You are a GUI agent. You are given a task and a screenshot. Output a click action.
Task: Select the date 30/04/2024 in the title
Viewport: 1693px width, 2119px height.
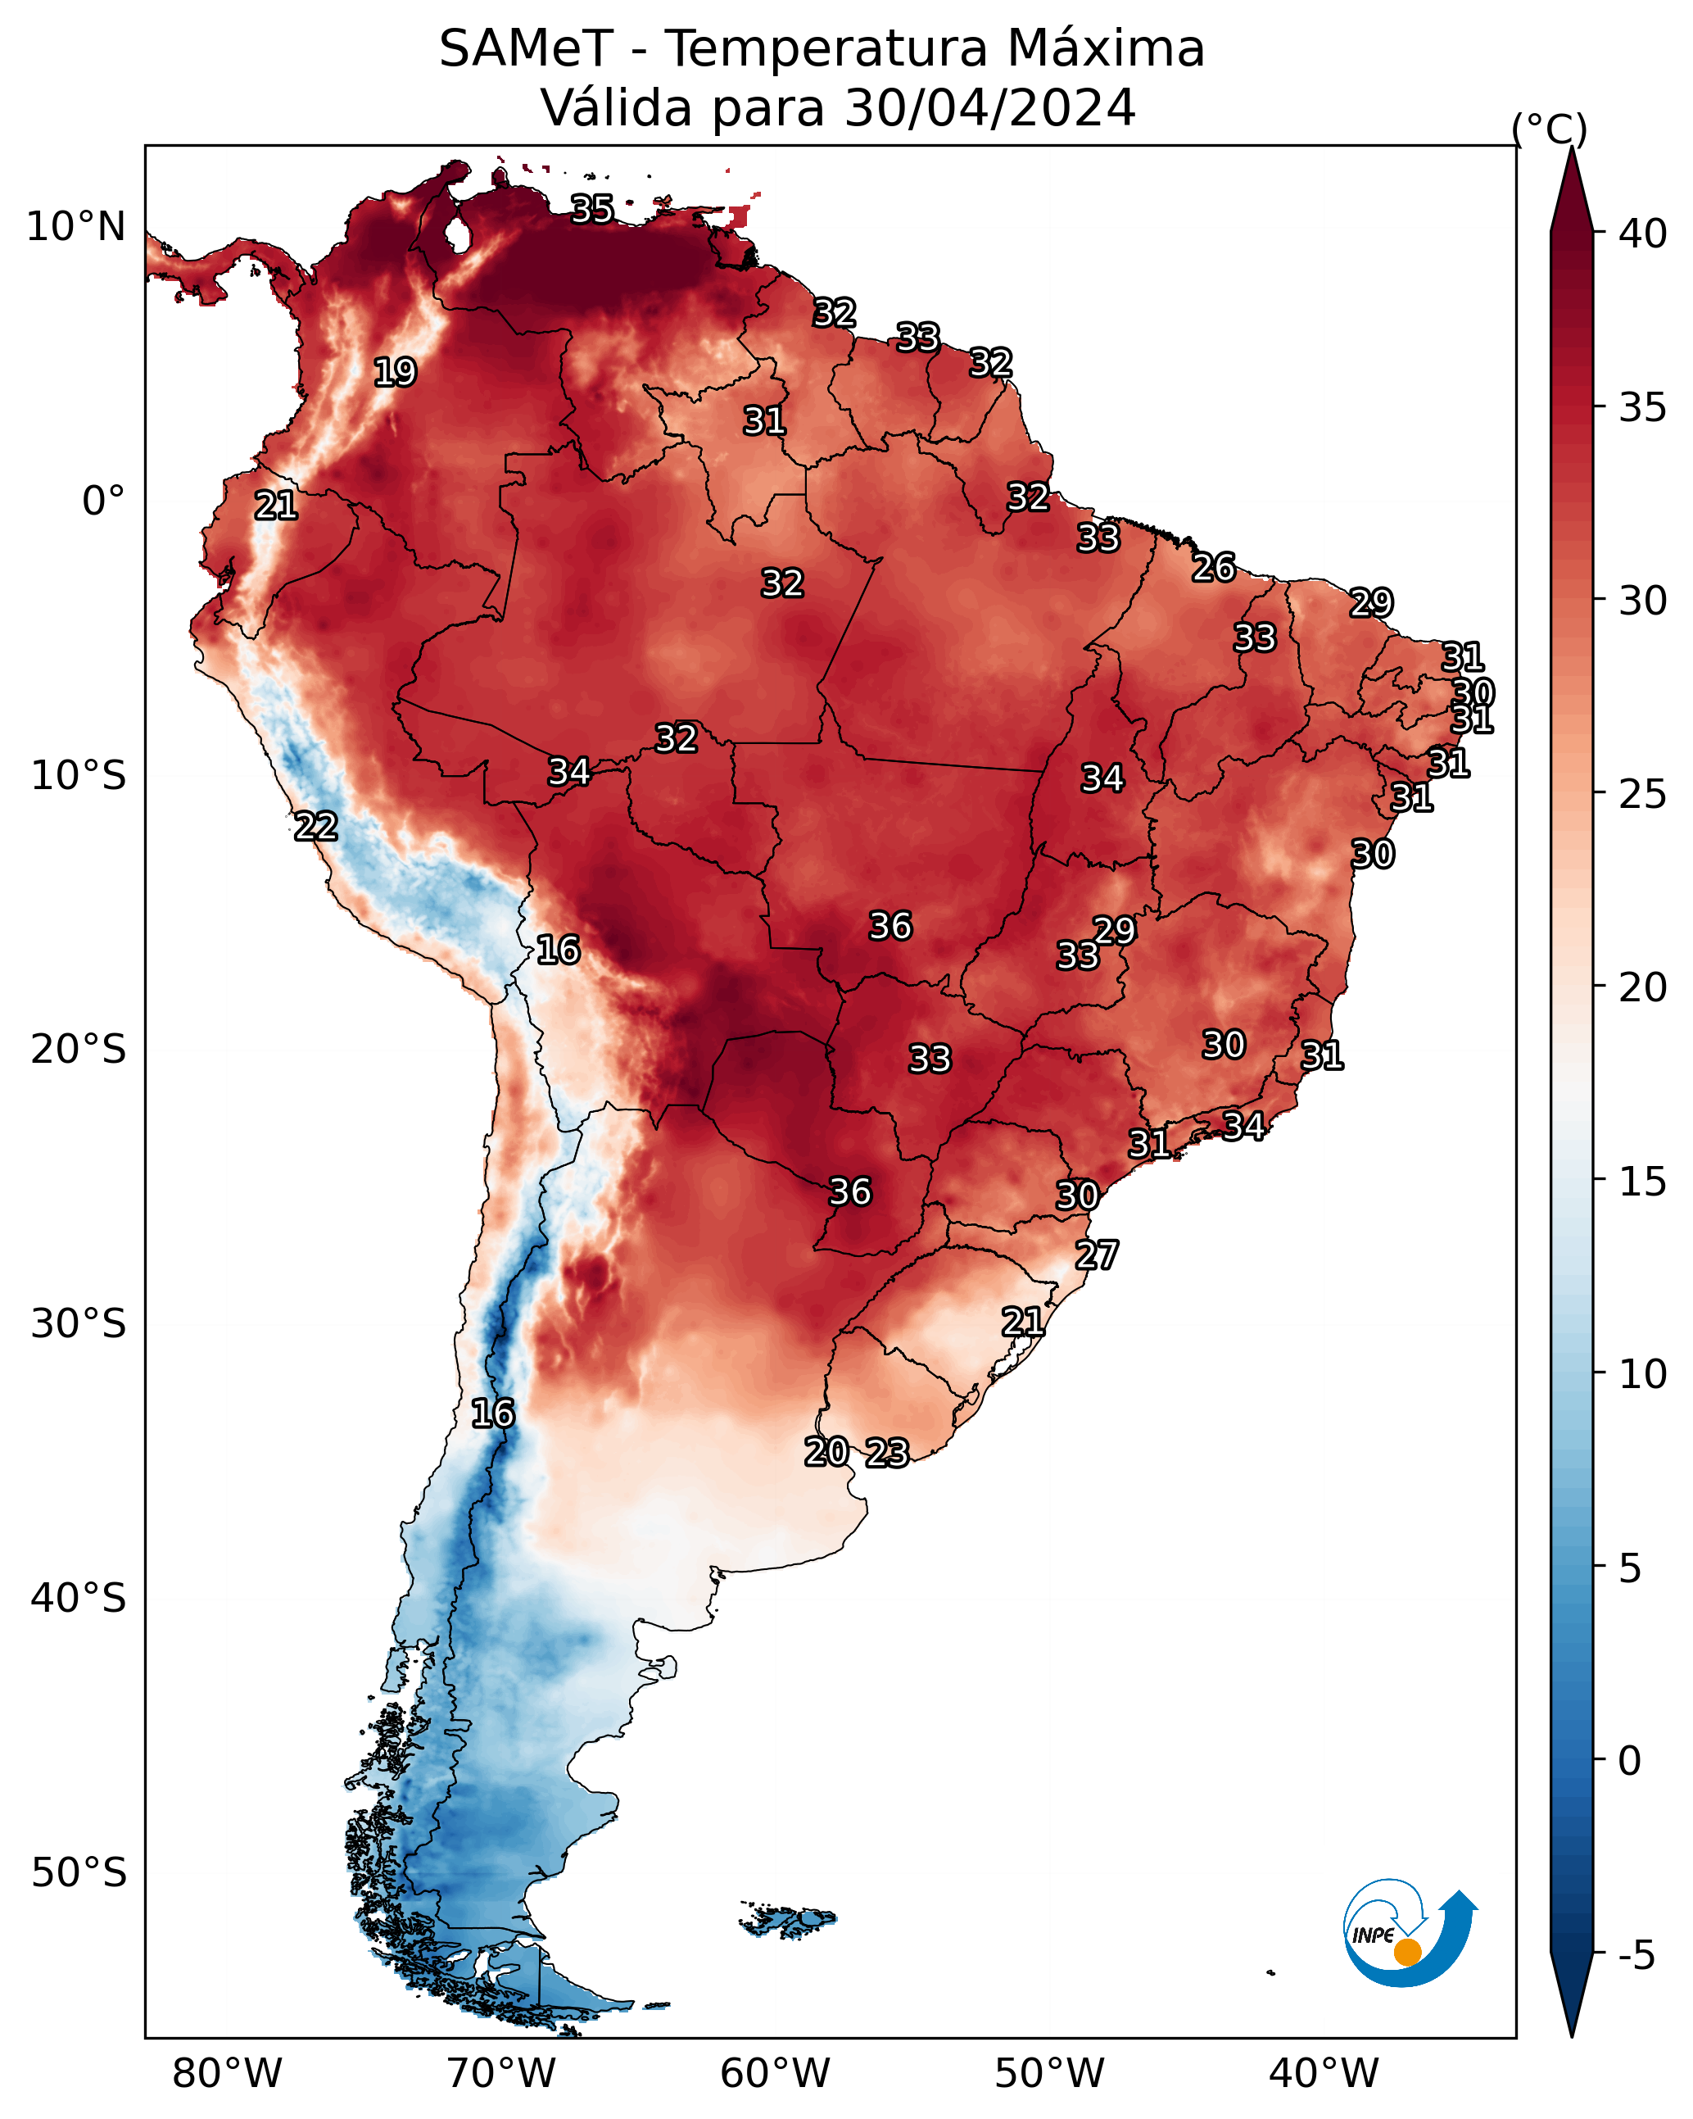[x=989, y=108]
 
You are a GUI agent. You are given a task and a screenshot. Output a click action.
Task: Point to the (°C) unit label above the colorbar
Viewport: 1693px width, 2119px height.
[x=1550, y=129]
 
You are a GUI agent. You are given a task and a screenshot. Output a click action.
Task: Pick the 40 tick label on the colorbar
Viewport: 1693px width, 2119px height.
[x=1643, y=234]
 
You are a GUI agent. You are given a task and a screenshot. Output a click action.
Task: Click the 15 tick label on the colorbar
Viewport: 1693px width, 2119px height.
[x=1643, y=1182]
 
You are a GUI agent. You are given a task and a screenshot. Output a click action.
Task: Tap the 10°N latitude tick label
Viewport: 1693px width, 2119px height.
[x=75, y=227]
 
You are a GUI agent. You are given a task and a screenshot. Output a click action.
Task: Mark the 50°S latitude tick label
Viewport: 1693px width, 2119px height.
[x=79, y=1872]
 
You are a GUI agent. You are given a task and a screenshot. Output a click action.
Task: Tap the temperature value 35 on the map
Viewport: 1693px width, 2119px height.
[x=592, y=209]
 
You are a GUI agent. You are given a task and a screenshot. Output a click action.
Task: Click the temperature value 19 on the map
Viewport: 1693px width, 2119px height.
[x=395, y=373]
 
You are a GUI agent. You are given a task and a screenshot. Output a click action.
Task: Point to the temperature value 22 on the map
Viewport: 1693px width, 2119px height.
[x=315, y=827]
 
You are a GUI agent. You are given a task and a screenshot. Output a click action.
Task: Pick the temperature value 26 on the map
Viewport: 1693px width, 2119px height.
[x=1214, y=567]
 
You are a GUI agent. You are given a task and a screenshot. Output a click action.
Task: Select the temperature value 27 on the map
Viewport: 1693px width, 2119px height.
[x=1097, y=1255]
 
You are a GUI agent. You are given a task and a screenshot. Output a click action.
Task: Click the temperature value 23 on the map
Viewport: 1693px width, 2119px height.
[x=887, y=1453]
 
